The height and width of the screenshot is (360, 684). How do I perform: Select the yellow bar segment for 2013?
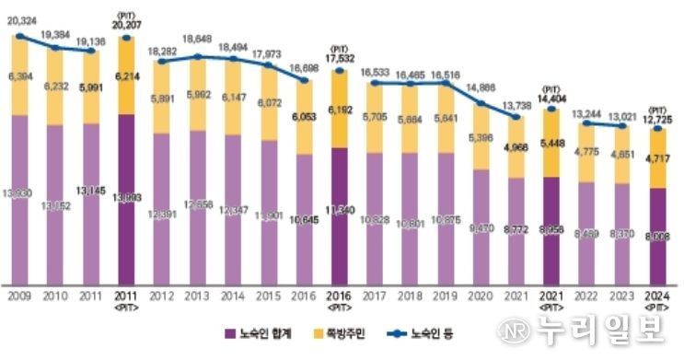click(x=198, y=97)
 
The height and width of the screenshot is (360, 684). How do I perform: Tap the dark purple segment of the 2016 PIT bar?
click(x=340, y=216)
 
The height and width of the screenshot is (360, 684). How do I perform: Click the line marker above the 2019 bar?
click(x=447, y=84)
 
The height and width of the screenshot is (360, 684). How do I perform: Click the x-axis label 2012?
click(x=162, y=296)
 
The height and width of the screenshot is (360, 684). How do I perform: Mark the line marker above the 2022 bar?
click(x=591, y=122)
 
